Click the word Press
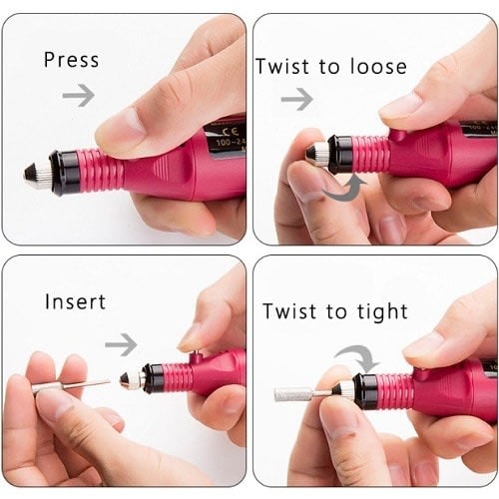point(72,60)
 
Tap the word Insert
point(75,301)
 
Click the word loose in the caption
point(378,66)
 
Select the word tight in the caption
point(382,312)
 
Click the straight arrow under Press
point(79,96)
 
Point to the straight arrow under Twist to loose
point(296,99)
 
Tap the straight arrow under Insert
point(121,344)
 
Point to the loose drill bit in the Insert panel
point(71,386)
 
